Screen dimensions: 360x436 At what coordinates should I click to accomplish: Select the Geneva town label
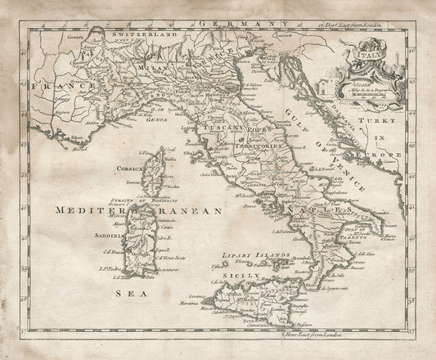55,38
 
